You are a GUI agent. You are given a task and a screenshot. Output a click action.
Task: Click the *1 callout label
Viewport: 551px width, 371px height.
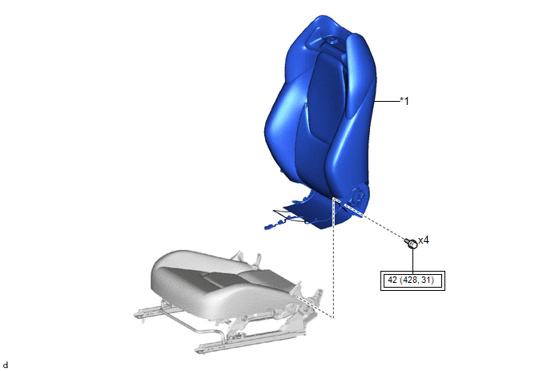[x=404, y=101]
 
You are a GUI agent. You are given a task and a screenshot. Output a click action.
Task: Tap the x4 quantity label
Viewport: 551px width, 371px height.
[x=424, y=240]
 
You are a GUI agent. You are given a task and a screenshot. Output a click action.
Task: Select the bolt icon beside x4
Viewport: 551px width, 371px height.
[x=411, y=243]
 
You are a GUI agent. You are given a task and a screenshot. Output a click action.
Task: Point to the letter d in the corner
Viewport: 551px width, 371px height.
[x=6, y=365]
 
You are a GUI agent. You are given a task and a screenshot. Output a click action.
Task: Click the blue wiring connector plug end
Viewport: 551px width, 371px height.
[x=269, y=227]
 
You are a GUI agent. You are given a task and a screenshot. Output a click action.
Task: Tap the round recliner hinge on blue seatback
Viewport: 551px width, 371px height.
[x=359, y=195]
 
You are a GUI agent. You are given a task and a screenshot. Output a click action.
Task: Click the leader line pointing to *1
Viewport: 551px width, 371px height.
[x=387, y=101]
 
